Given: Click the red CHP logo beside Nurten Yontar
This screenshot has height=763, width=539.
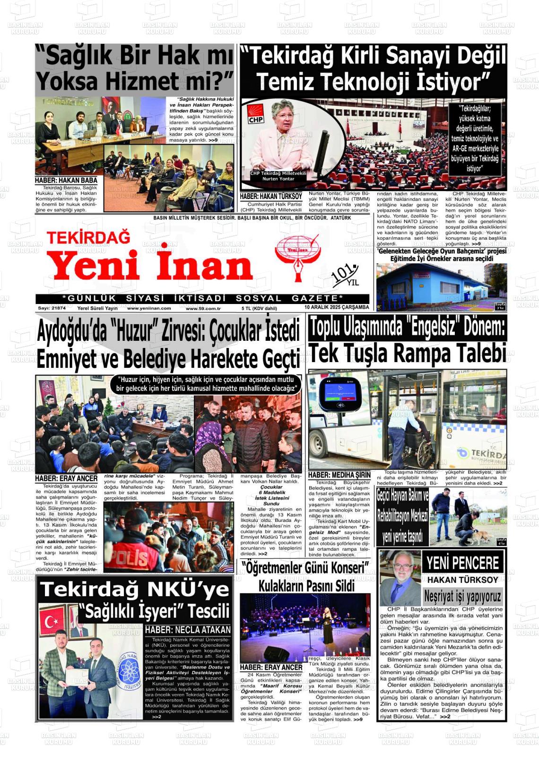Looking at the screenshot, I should coord(256,114).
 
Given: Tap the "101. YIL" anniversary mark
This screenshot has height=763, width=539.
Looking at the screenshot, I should coord(346,275).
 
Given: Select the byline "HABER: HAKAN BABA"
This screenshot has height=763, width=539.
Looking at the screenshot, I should coord(66,180).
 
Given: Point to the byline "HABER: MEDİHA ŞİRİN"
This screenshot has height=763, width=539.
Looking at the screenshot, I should coord(339,475).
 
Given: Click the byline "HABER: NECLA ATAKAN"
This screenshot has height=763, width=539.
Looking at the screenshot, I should coord(188,629).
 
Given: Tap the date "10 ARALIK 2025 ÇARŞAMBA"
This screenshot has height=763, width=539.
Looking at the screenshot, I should coord(337,307).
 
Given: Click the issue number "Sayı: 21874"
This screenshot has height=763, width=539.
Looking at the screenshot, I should coord(52,308).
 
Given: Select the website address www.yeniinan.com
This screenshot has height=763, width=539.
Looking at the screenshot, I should coord(149,308).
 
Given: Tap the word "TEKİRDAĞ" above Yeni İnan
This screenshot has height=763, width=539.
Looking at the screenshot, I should coord(88,237).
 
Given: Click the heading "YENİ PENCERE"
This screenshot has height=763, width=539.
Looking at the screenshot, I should coord(462,563).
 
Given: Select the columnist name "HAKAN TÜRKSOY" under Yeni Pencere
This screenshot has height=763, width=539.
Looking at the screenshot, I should coord(462,580).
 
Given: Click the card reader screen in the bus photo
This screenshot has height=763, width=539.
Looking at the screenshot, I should coord(339,390).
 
